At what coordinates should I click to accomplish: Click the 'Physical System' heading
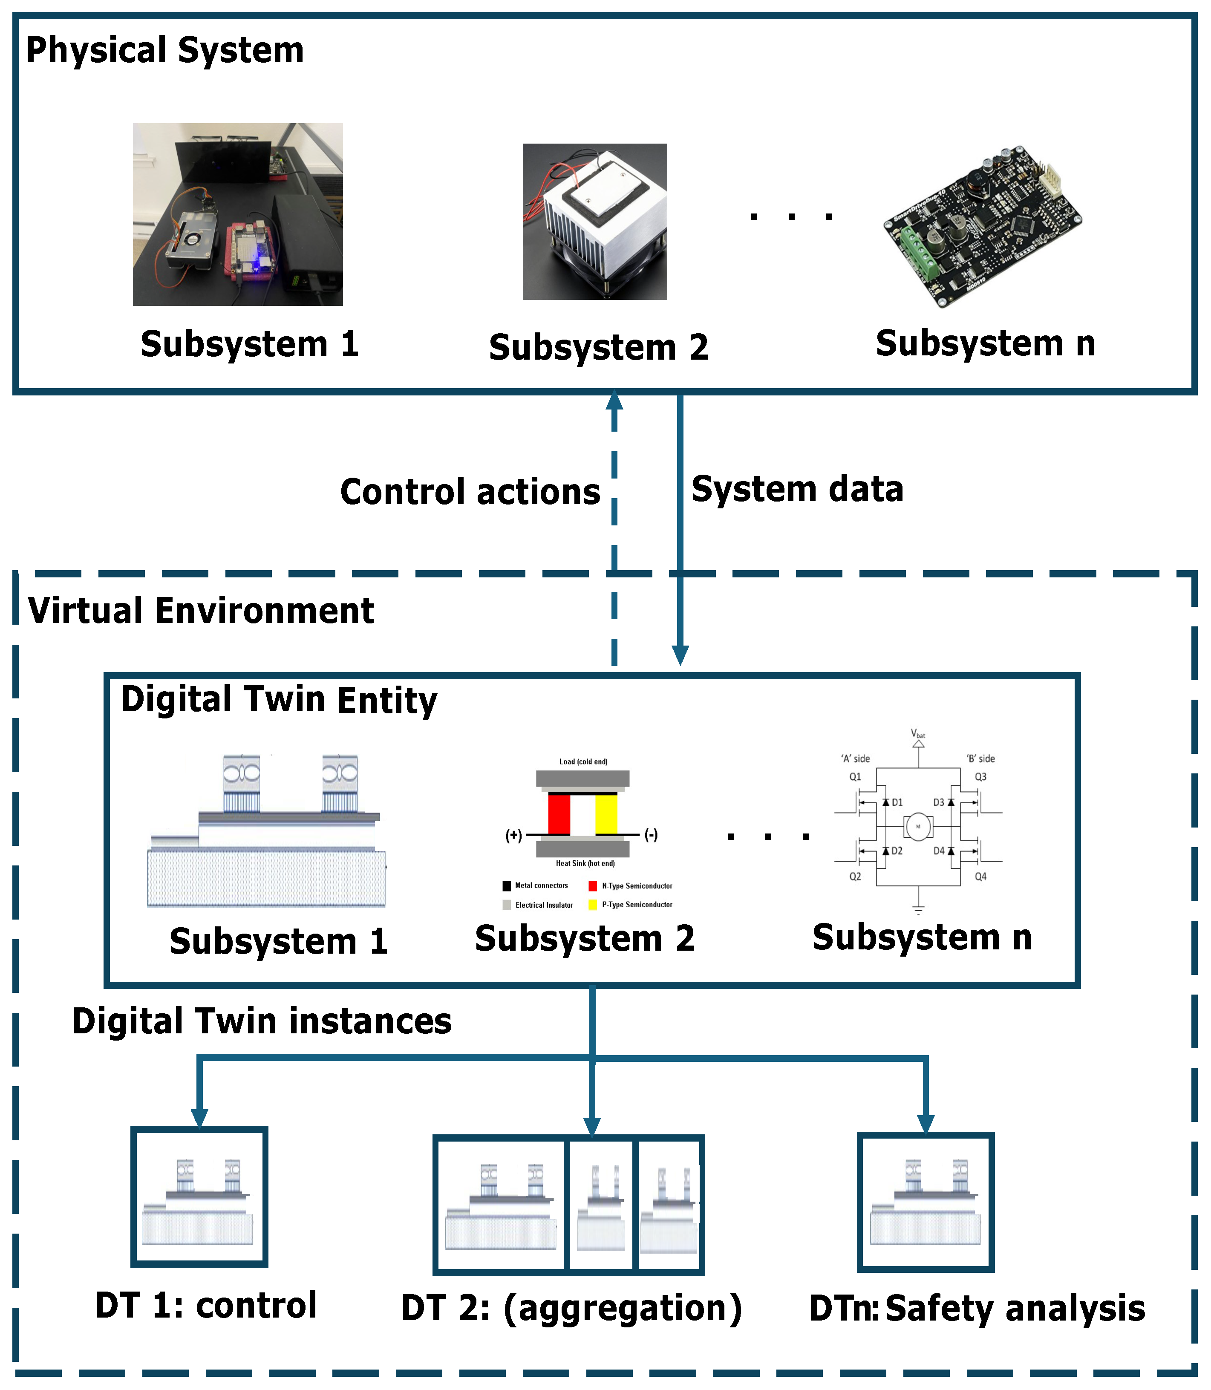click(165, 51)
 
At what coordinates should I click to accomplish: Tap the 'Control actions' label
click(470, 491)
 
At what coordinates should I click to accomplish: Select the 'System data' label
click(797, 489)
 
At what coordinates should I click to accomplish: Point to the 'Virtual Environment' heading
click(201, 611)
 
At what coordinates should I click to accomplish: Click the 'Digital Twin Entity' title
click(279, 700)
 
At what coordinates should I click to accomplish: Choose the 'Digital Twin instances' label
click(262, 1021)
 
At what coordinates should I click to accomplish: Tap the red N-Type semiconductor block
click(559, 814)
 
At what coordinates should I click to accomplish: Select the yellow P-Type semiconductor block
click(606, 814)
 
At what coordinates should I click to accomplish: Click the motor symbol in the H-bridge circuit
click(918, 826)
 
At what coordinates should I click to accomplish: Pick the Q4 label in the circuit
click(980, 877)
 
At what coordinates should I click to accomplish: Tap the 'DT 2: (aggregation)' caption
click(572, 1308)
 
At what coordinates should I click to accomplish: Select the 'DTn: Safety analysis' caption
click(977, 1309)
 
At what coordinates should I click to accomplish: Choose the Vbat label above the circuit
click(918, 733)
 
